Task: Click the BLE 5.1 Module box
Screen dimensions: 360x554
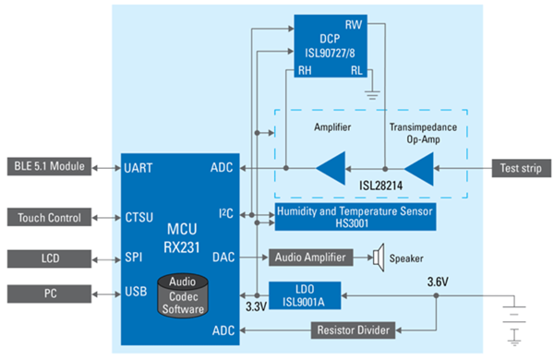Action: [48, 167]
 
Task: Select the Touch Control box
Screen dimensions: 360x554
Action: [48, 218]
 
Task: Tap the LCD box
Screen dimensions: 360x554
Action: [48, 257]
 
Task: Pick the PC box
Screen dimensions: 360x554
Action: [48, 294]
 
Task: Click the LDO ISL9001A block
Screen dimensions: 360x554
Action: [304, 294]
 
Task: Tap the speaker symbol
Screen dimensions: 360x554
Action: [377, 256]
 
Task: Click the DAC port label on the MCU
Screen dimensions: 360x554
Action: [224, 257]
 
